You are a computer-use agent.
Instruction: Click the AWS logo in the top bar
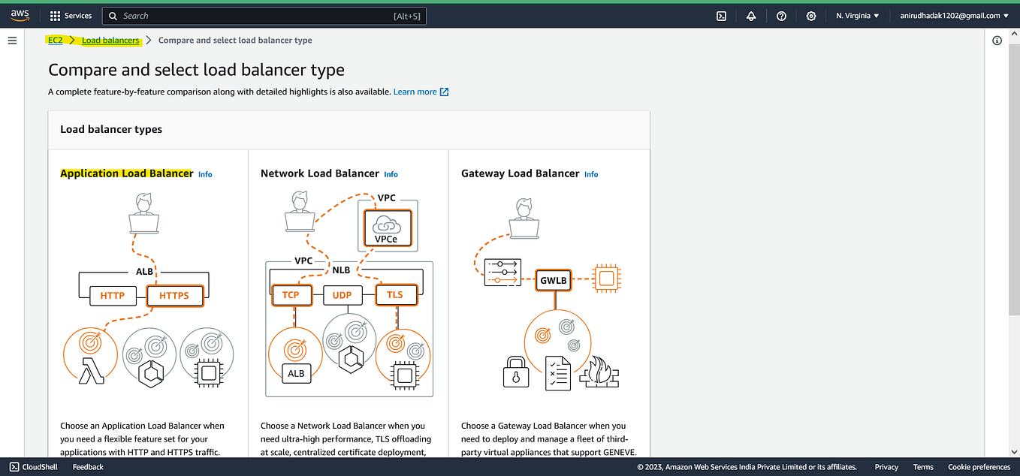coord(20,16)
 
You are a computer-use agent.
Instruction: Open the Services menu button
coord(71,16)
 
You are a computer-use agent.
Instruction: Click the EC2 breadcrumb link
coord(56,41)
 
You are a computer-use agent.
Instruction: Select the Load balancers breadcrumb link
coord(110,41)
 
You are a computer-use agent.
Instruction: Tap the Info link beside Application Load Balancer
coord(205,174)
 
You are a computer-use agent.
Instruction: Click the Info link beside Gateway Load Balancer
coord(591,174)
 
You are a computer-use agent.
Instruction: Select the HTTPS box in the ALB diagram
coord(174,296)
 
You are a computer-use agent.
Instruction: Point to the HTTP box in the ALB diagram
coord(113,296)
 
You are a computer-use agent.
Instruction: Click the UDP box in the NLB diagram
coord(342,295)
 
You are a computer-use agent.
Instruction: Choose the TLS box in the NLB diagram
coord(394,295)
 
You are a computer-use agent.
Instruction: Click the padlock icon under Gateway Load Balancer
coord(515,372)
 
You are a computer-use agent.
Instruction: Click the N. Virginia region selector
coord(857,16)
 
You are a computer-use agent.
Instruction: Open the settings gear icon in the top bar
coord(811,16)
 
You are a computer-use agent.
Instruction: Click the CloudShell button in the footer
coord(35,467)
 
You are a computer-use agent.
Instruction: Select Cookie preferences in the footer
coord(979,467)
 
